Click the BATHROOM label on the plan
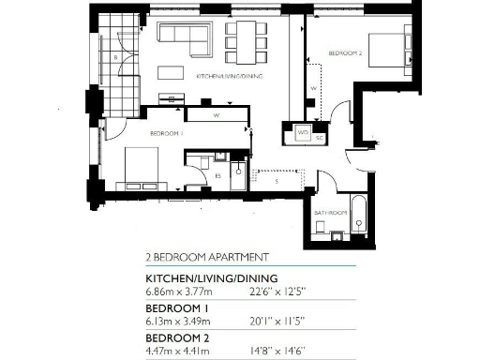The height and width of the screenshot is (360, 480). (x=331, y=214)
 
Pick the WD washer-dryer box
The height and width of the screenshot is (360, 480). (x=303, y=133)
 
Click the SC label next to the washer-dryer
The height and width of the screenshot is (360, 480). (x=319, y=138)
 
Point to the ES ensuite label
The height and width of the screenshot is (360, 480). (x=218, y=175)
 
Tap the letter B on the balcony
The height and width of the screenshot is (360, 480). (x=114, y=59)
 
